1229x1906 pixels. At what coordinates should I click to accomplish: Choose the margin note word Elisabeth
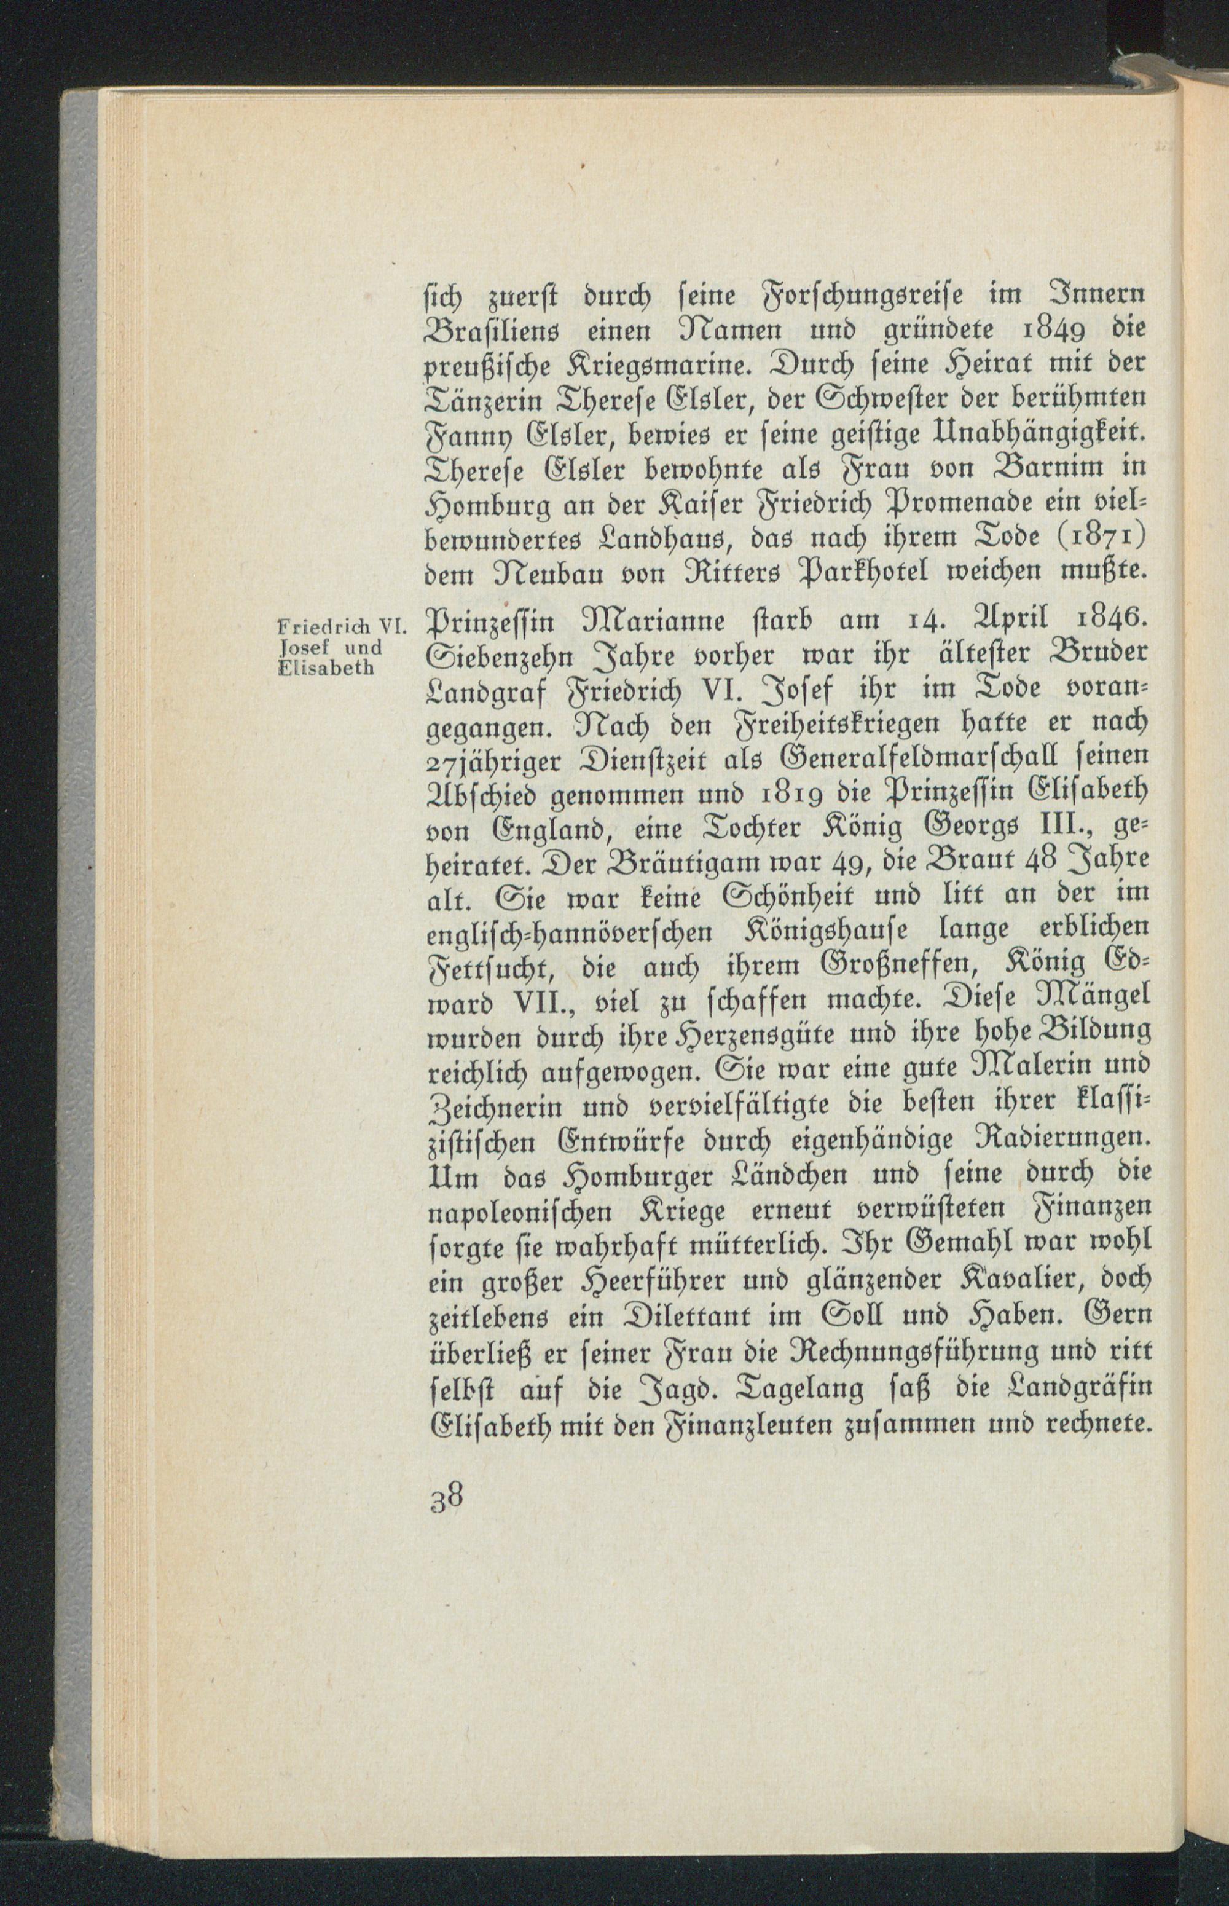click(326, 669)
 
